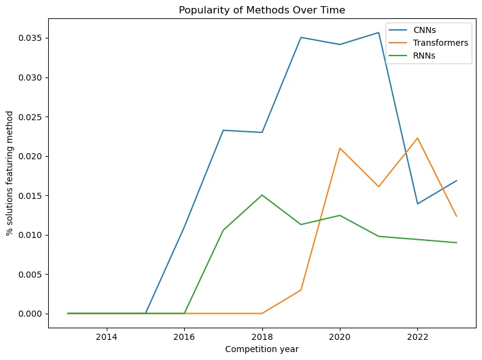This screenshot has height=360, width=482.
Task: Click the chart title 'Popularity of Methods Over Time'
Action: pos(262,9)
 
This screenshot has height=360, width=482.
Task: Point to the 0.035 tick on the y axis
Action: pos(32,38)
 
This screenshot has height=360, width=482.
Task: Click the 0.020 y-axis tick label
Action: pos(32,156)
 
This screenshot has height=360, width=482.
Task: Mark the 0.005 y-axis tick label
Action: pos(32,274)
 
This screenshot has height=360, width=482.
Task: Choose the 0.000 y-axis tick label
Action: pos(32,314)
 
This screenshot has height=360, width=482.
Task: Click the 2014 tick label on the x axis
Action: pos(107,337)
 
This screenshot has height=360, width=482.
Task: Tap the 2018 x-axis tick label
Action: pos(262,337)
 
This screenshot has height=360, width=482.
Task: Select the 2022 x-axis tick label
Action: pos(417,337)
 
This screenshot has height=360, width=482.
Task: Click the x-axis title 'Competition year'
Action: pos(262,349)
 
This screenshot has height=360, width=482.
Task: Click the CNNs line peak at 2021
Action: pos(378,32)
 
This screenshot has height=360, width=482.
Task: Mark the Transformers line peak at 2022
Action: pos(417,138)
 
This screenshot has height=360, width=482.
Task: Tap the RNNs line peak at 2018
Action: pos(262,195)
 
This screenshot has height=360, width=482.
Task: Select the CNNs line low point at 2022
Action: pos(417,204)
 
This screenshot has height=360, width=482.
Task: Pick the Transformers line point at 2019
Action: pos(301,290)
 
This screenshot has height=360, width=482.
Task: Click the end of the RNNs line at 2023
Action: pos(456,243)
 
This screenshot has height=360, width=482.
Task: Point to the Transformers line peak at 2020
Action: pos(340,148)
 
